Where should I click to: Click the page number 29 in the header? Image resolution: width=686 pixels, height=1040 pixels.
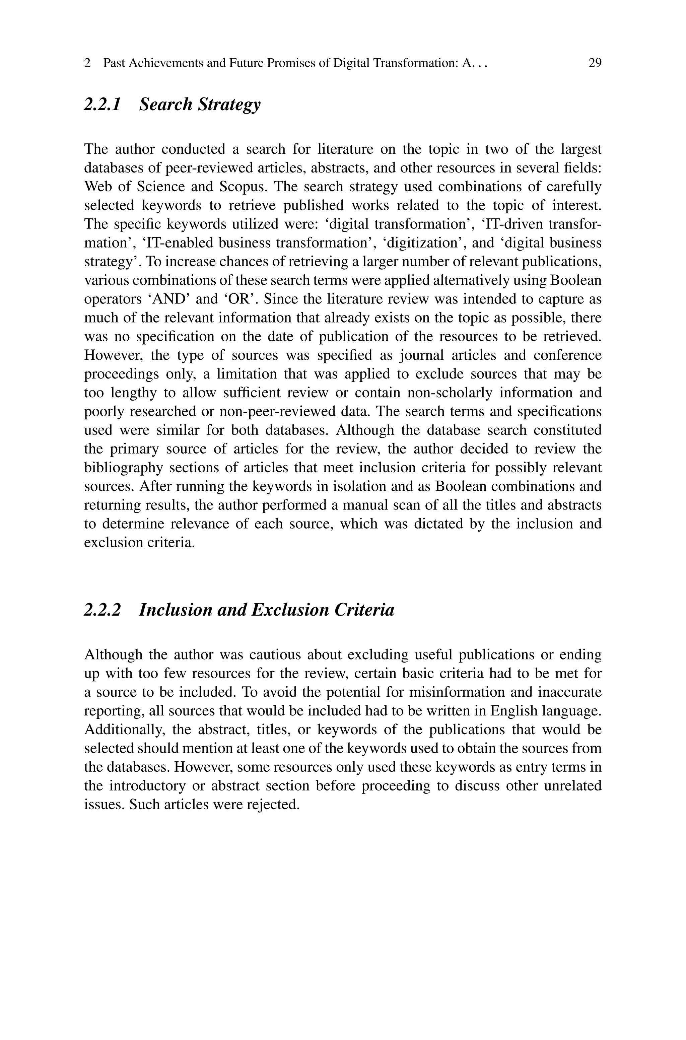click(x=595, y=63)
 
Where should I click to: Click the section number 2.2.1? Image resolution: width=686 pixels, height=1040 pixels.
click(x=102, y=105)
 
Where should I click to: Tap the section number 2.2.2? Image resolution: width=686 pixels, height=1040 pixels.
click(x=102, y=610)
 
